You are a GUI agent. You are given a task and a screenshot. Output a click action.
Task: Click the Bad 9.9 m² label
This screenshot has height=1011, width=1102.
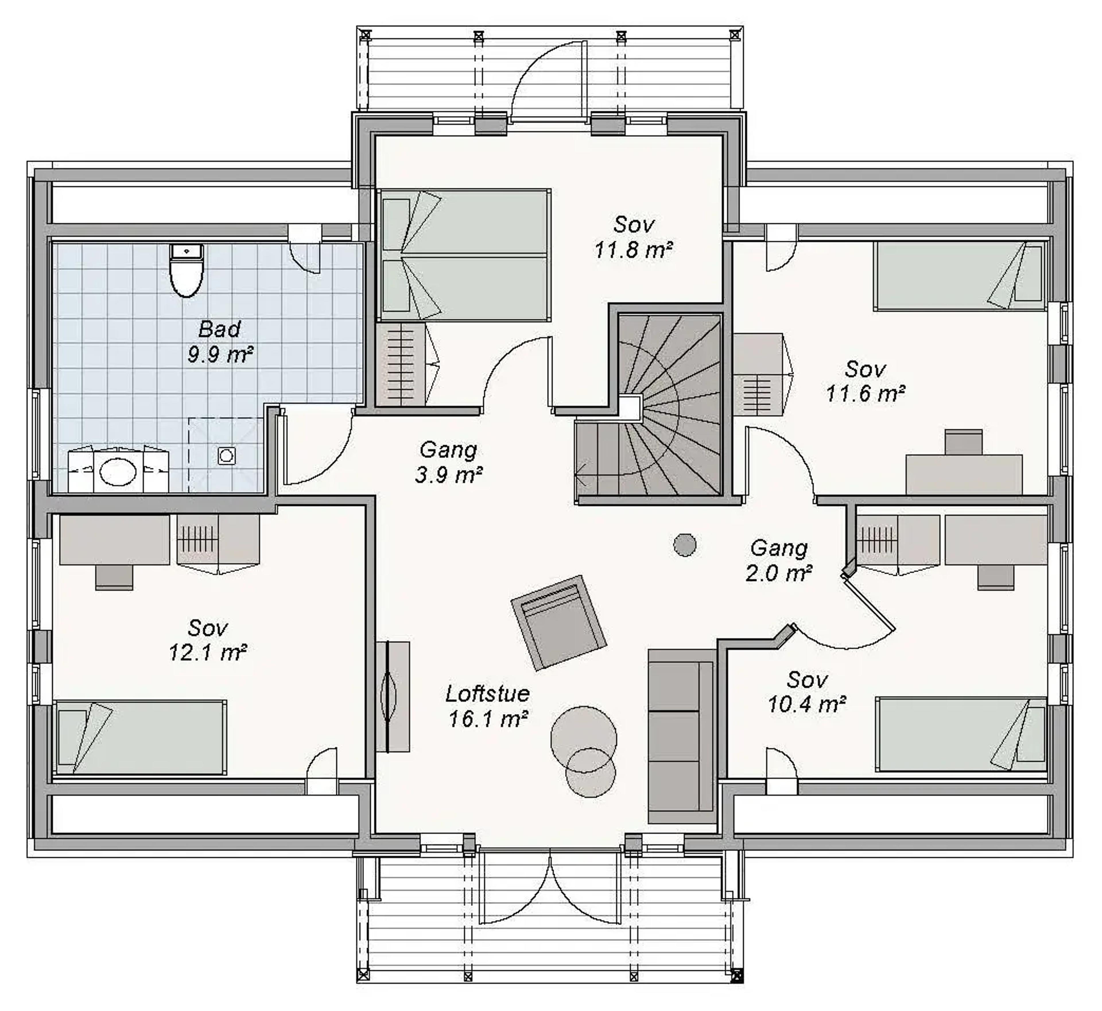(220, 342)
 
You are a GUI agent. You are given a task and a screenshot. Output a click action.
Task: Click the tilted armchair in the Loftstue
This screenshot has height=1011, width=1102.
(559, 622)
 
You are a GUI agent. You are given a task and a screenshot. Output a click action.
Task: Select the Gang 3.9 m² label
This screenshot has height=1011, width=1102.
(449, 462)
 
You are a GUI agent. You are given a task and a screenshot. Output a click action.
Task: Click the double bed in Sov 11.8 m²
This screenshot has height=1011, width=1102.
(465, 254)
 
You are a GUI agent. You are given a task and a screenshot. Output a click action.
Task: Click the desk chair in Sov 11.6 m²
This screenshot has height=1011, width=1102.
(964, 442)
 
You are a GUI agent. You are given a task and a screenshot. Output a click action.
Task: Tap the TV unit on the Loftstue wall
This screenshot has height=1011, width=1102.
(392, 696)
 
